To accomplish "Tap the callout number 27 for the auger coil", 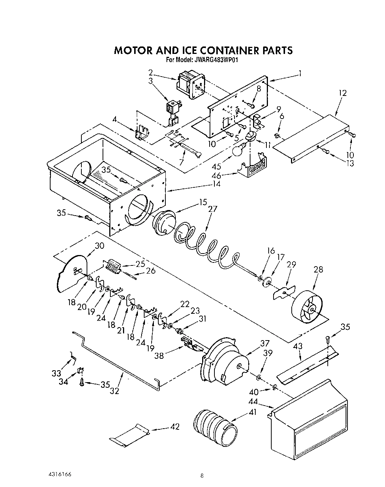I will coord(213,209).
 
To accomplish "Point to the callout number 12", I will coord(342,93).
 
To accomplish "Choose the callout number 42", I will coord(174,427).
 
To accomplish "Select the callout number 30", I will coord(99,246).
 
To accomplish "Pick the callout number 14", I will coord(216,184).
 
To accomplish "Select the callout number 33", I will coord(56,373).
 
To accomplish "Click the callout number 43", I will coord(298,346).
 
